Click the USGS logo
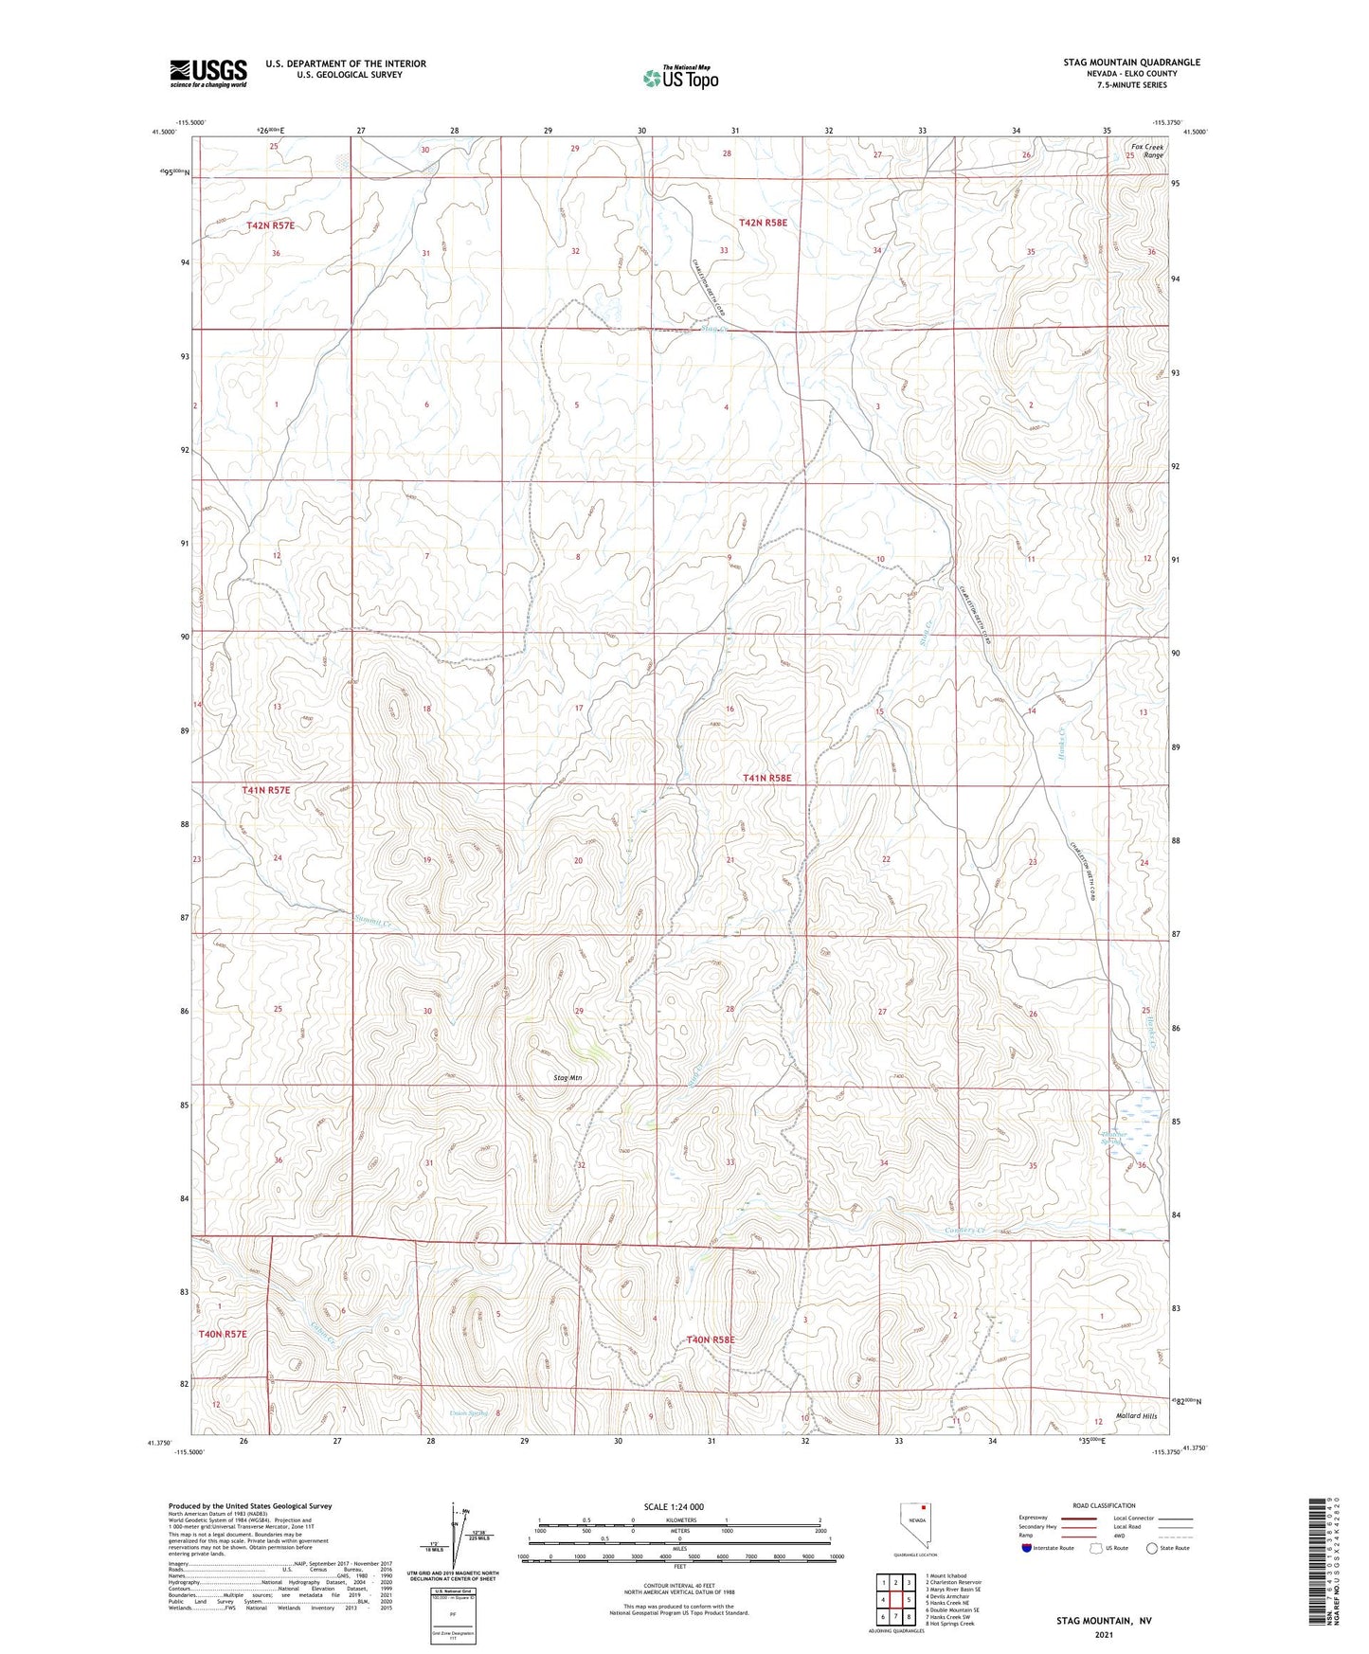tap(207, 73)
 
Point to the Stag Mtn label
tap(567, 1078)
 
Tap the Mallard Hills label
tap(1136, 1415)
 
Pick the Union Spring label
tap(468, 1413)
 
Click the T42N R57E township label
tap(270, 225)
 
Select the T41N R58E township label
tap(766, 778)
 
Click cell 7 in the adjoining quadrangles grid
tap(895, 1618)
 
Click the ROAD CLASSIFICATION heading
tap(1105, 1505)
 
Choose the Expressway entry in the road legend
tap(1034, 1518)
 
